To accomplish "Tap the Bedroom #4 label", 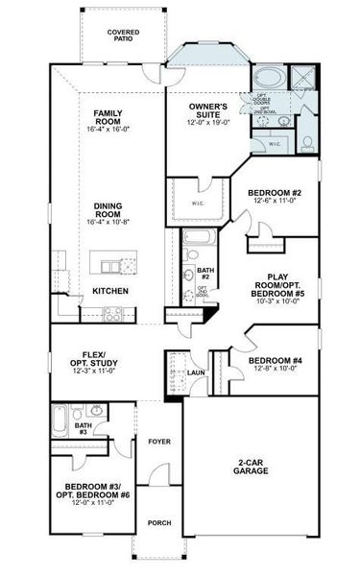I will point(278,362).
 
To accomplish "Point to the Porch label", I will point(157,523).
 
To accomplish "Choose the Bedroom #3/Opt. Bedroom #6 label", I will point(92,492).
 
